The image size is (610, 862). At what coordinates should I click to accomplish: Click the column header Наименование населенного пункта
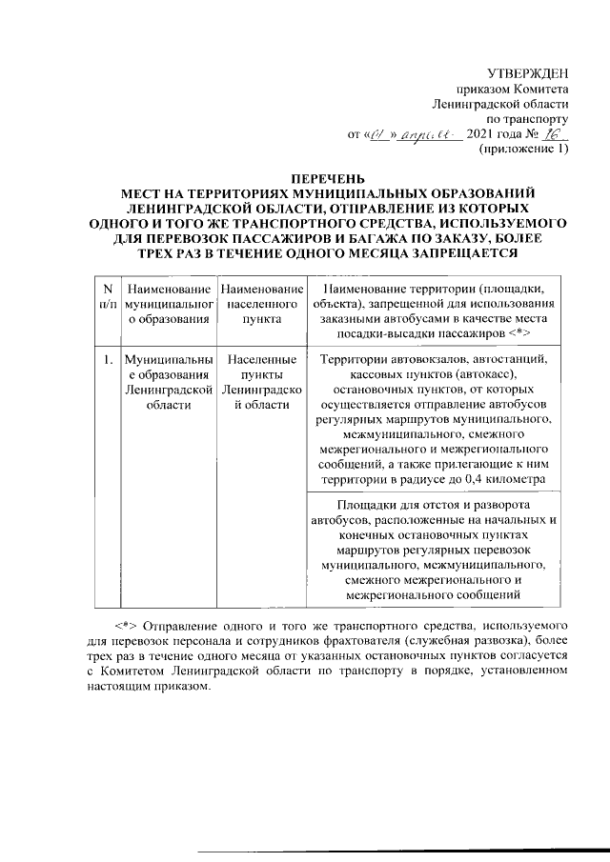[260, 304]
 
